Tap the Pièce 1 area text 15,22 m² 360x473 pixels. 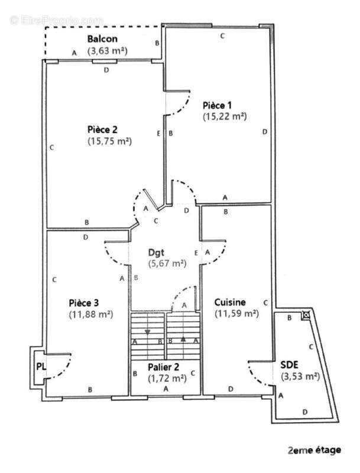coord(224,116)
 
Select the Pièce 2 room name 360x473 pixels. coord(102,129)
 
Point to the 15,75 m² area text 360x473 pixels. coord(109,141)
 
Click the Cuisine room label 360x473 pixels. coord(230,302)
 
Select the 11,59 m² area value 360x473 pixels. coord(236,313)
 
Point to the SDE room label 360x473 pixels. coord(290,365)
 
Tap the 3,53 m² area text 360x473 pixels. coord(300,376)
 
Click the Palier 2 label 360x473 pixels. coord(164,367)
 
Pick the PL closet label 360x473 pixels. coord(40,367)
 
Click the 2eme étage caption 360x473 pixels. coord(314,450)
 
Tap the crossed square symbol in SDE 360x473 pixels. coord(306,315)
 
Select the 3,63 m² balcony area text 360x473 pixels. coord(108,51)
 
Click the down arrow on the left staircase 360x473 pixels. coord(147,332)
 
